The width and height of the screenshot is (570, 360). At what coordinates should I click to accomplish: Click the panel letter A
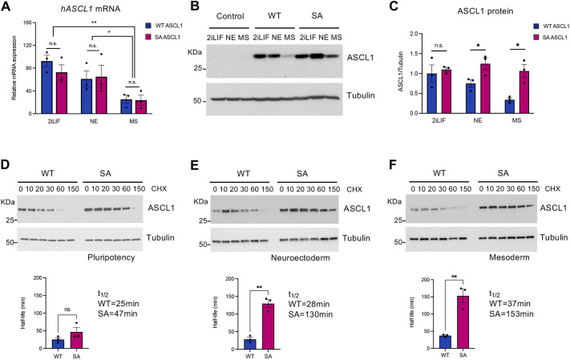pos(6,9)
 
